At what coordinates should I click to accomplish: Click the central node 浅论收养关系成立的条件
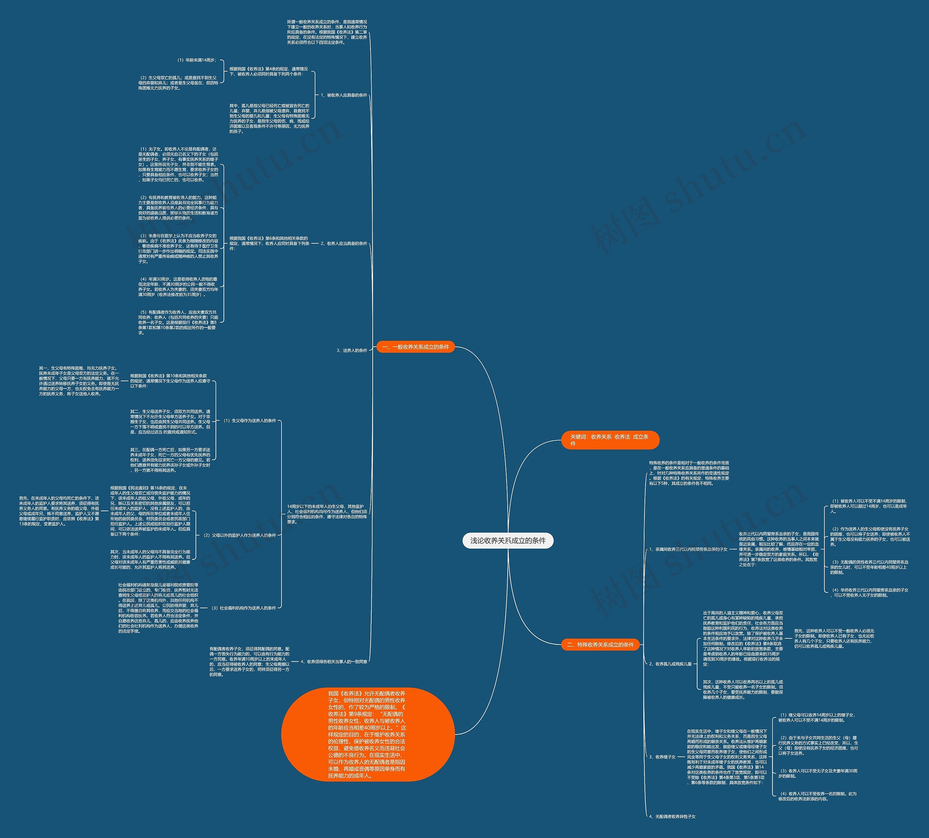[508, 541]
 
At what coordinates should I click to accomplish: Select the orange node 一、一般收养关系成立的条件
[416, 347]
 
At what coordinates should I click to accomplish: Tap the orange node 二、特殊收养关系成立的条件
[600, 644]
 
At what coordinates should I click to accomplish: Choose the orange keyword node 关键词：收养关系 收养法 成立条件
[610, 440]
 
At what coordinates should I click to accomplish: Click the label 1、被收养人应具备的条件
[344, 95]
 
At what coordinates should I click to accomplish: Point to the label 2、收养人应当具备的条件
[344, 244]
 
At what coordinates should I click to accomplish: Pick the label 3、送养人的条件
[352, 350]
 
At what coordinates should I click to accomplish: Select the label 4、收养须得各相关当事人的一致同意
[333, 662]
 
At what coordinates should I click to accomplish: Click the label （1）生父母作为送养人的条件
[249, 421]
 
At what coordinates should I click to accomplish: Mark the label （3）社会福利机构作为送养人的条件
[243, 608]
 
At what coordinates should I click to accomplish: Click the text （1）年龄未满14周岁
[196, 60]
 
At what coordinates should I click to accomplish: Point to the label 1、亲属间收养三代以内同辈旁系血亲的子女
[688, 549]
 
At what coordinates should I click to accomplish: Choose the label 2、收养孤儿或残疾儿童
[670, 664]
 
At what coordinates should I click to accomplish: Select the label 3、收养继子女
[662, 757]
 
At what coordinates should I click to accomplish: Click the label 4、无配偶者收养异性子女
[672, 816]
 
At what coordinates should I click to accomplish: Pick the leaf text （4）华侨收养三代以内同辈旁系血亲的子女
[869, 593]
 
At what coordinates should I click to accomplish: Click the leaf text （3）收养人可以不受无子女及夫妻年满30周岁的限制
[817, 773]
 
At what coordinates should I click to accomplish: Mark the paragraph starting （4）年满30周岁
[179, 287]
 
